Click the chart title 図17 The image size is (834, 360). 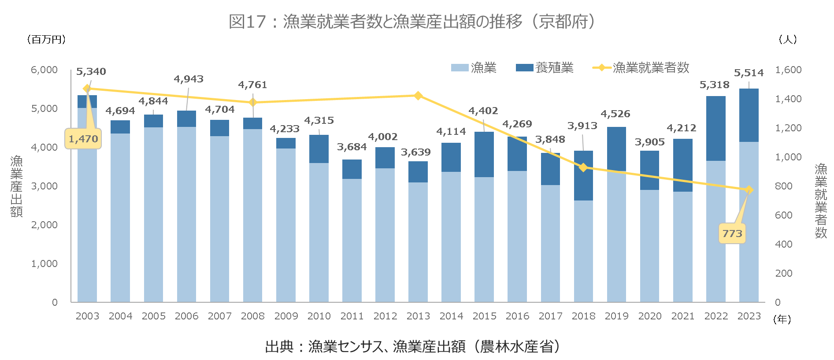pos(412,21)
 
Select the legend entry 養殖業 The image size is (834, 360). pos(545,67)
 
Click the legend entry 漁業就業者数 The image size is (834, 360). pos(641,67)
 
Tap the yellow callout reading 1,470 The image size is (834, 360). pos(83,139)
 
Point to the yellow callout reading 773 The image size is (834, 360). pos(732,234)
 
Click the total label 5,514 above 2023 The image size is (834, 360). pos(749,73)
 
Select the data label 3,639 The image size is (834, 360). pos(415,152)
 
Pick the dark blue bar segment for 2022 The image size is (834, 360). pos(715,128)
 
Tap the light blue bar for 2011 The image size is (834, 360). pos(352,240)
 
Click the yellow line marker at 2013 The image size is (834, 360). pos(418,96)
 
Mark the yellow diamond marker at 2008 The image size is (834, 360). pos(253,102)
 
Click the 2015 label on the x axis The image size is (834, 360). pos(484,316)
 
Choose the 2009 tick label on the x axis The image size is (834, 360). pos(286,316)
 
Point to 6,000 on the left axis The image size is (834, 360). pos(44,70)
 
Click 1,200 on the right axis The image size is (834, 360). pos(788,128)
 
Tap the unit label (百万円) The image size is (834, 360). pos(47,40)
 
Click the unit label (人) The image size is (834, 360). pos(788,40)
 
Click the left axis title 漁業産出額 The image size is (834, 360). pos(17,186)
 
